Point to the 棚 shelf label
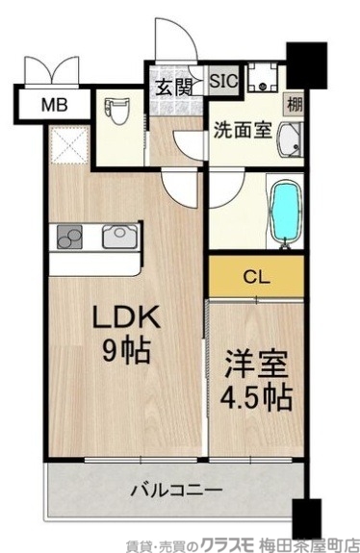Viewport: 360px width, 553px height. point(291,103)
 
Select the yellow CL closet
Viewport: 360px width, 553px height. point(256,278)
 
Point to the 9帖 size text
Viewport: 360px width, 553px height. point(125,354)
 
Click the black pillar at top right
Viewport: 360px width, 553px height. point(307,64)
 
